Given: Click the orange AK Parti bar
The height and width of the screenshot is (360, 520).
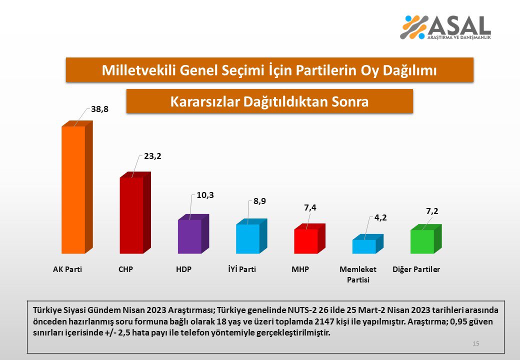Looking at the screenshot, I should coord(73,190).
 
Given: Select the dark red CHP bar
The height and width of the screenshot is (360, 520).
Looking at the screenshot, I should coord(131,215).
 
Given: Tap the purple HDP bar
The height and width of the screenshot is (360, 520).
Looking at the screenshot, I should coord(189,236).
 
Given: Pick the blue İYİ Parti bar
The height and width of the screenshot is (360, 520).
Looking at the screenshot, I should coord(247,238).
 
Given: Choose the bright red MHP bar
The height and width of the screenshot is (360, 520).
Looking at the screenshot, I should coord(305,241).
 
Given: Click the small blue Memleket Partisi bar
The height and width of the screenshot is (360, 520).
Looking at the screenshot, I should coord(363,246).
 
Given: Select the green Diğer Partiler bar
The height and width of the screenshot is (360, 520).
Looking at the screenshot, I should coord(421,241).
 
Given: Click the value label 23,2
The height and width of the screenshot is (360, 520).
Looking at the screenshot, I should coord(152,156).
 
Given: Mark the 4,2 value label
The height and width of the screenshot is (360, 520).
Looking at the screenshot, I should coord(380,217).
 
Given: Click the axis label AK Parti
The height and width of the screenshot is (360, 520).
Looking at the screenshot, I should coord(67,269).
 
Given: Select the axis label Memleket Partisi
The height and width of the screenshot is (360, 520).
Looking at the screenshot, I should coord(358,274).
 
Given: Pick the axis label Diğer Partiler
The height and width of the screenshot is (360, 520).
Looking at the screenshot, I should coord(416,269).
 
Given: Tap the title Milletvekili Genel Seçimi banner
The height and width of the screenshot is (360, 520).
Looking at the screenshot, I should coord(269,70).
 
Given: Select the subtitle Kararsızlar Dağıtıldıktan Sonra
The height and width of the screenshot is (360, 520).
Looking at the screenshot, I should coord(269,101).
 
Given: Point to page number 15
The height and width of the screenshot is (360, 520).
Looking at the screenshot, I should coord(475,343).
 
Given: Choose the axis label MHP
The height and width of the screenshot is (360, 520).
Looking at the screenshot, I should coord(300,269).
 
